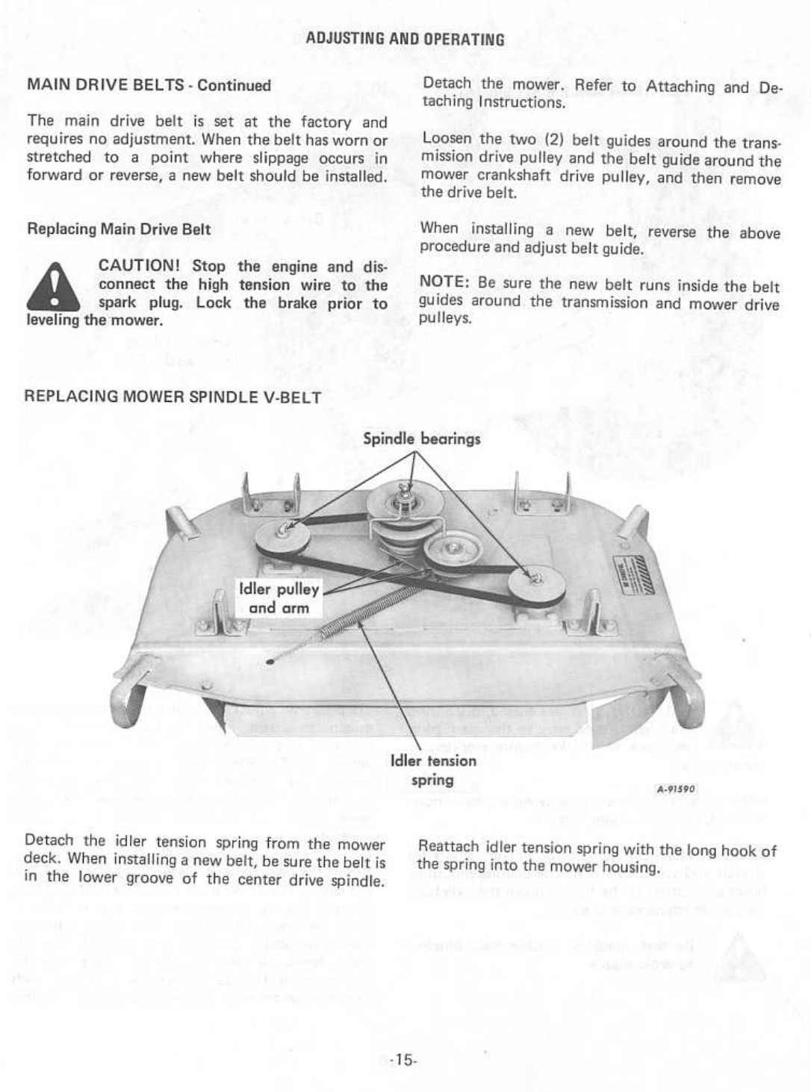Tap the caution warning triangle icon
[x=53, y=288]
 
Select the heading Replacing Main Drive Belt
[x=119, y=229]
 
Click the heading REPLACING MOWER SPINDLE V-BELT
[x=173, y=397]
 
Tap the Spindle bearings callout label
[x=421, y=439]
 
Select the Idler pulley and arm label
[x=279, y=598]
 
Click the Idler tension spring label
[x=433, y=770]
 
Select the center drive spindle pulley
[x=403, y=503]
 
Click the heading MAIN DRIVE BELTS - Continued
[x=149, y=85]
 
